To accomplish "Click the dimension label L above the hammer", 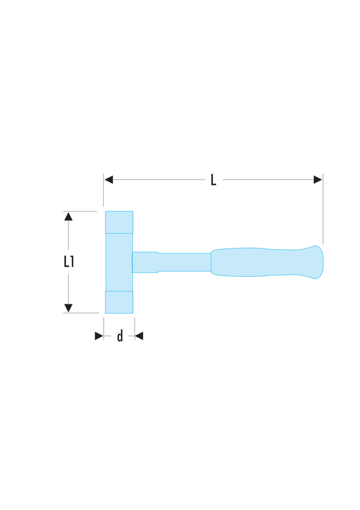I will pyautogui.click(x=214, y=180).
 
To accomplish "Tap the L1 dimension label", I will pyautogui.click(x=69, y=262).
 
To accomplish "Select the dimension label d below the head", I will pyautogui.click(x=120, y=336).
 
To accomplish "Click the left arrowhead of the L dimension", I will pyautogui.click(x=108, y=180).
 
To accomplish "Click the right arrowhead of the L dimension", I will pyautogui.click(x=318, y=180).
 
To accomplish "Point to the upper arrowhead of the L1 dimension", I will pyautogui.click(x=68, y=216).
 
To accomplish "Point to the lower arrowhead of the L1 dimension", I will pyautogui.click(x=68, y=308).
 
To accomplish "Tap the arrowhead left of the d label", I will pyautogui.click(x=99, y=336).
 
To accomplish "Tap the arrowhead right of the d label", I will pyautogui.click(x=139, y=336).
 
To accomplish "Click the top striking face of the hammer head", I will pyautogui.click(x=119, y=222).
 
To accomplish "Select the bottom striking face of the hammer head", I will pyautogui.click(x=119, y=302).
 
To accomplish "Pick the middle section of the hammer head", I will pyautogui.click(x=118, y=262).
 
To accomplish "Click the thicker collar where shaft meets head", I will pyautogui.click(x=145, y=262).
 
